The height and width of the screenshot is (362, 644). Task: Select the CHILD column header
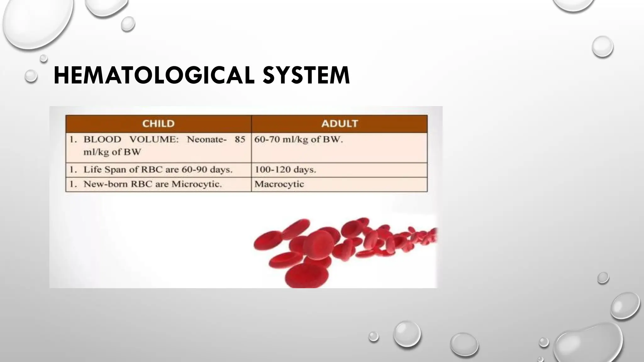tap(158, 123)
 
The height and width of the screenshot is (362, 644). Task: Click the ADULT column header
tap(339, 123)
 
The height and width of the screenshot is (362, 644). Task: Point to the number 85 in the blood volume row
tap(240, 140)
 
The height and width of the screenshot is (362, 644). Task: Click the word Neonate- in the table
tap(207, 140)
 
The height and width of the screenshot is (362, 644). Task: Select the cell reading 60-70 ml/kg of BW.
tap(298, 140)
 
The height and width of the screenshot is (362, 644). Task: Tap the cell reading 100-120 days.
tap(285, 170)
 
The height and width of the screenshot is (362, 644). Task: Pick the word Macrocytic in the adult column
tap(279, 184)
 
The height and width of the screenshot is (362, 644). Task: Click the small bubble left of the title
tap(31, 76)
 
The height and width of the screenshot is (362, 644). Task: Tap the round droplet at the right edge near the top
tap(602, 47)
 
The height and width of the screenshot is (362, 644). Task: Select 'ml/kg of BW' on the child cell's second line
tap(112, 152)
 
